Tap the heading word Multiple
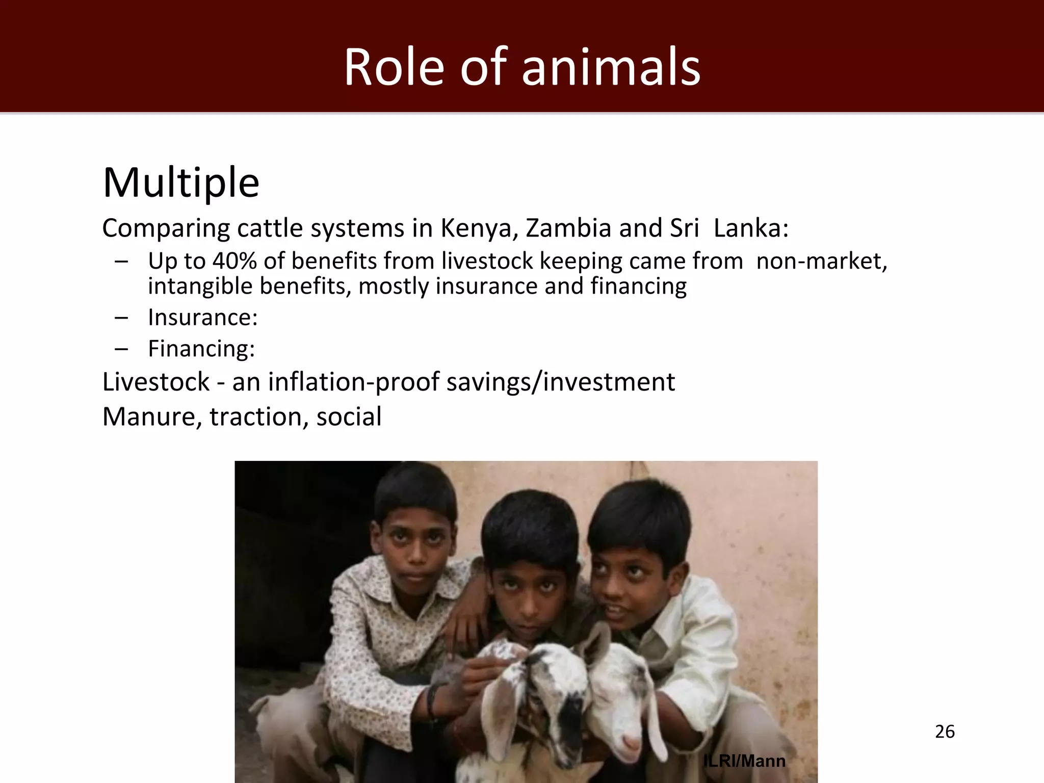click(x=181, y=182)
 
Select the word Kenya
click(x=479, y=228)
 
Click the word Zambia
click(x=568, y=228)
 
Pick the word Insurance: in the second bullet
click(x=203, y=318)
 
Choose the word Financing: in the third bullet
click(x=201, y=349)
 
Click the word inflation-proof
click(x=353, y=382)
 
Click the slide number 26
click(x=945, y=732)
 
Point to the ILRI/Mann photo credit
click(x=744, y=761)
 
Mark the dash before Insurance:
click(x=121, y=318)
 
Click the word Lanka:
click(x=751, y=228)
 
